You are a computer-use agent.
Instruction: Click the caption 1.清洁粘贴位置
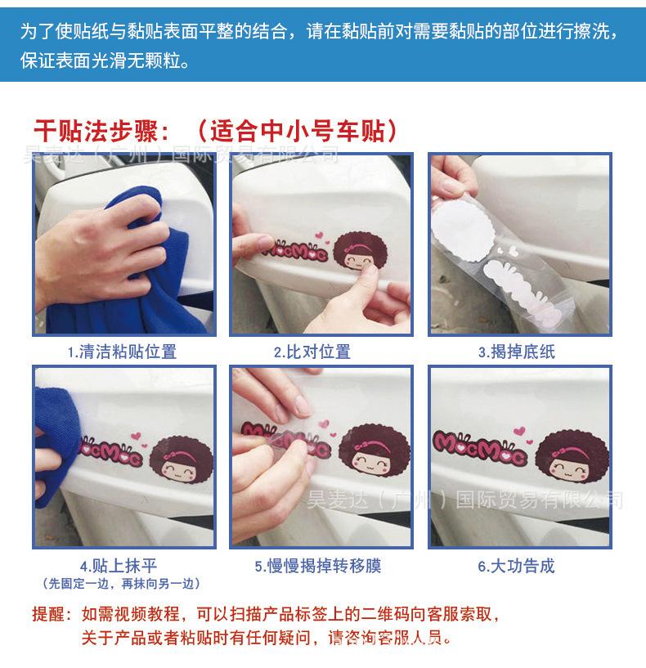[x=122, y=352]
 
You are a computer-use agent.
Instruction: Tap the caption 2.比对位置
[x=312, y=352]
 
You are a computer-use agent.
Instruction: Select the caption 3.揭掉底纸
[x=517, y=352]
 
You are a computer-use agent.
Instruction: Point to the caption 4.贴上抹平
[x=119, y=566]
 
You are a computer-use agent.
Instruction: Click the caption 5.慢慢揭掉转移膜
[x=318, y=566]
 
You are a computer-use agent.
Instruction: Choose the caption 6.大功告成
[x=516, y=566]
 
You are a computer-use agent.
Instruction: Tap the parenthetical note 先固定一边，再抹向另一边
[x=122, y=583]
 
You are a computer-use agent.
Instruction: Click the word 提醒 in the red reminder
[x=47, y=614]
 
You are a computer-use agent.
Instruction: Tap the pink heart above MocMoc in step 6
[x=519, y=431]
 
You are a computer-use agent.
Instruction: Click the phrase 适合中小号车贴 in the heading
[x=297, y=131]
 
